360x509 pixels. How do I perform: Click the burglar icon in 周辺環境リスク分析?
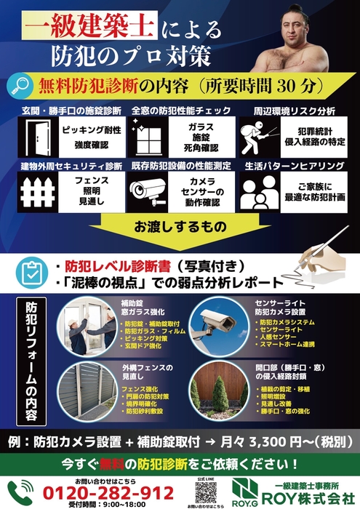pos(265,135)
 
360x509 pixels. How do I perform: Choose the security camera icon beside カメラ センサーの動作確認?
pos(149,191)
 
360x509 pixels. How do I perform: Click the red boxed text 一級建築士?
pos(89,28)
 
